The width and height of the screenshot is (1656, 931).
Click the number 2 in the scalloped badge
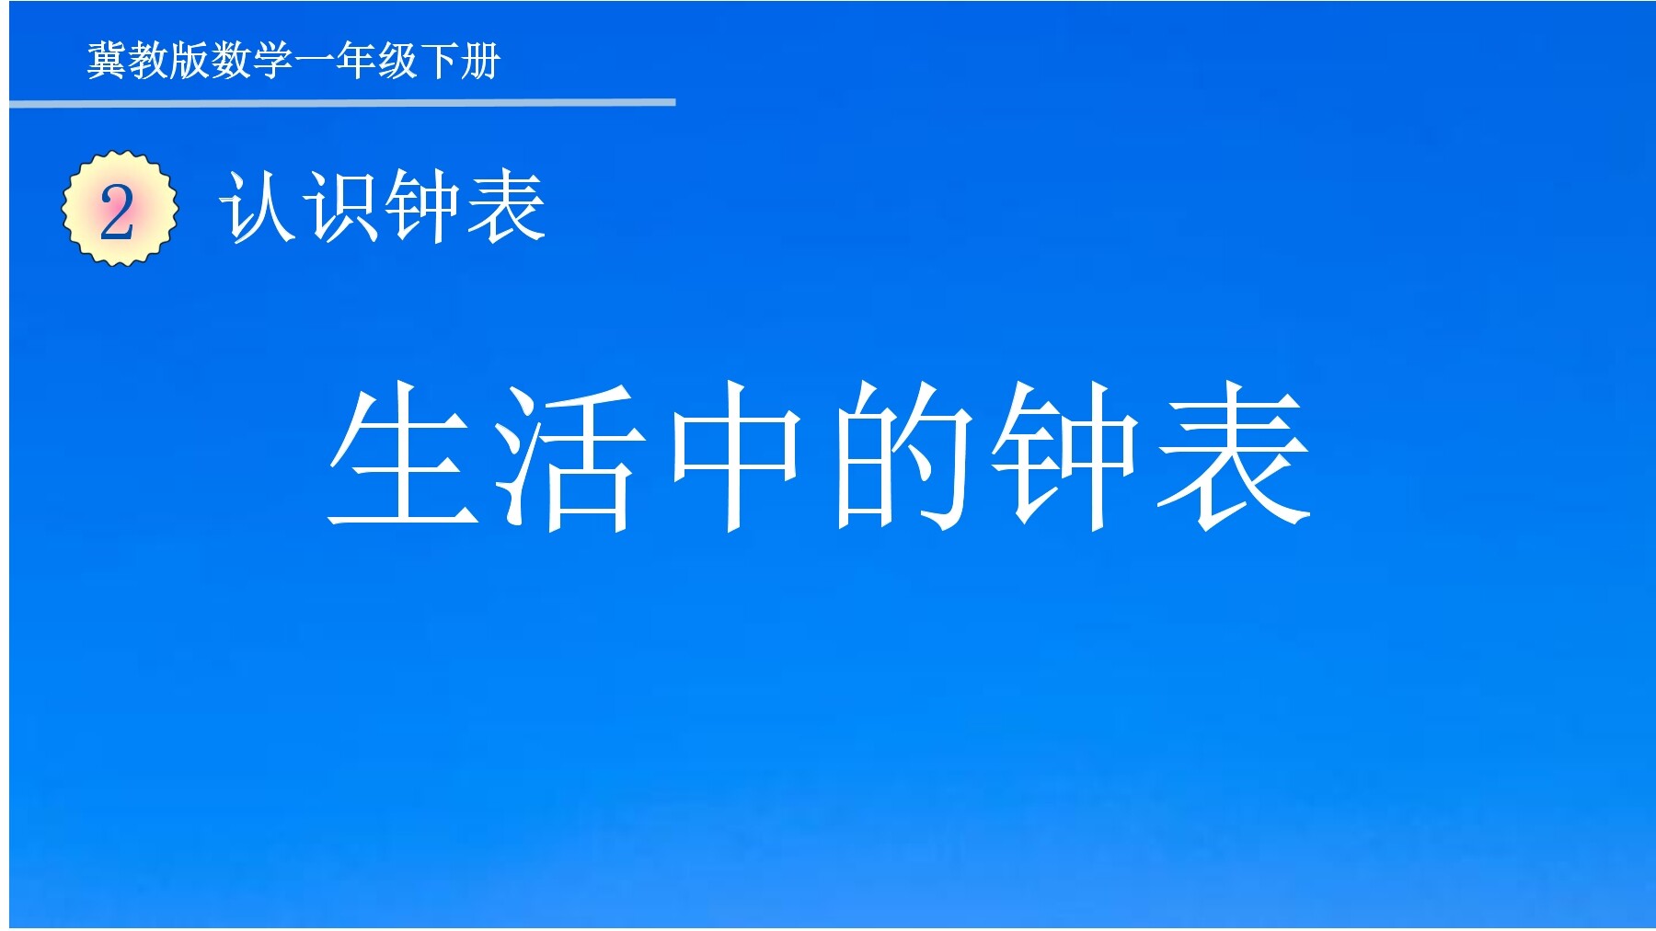coord(118,212)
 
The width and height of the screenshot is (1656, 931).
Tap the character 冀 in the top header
coord(108,62)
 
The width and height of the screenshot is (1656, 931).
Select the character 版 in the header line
coord(190,62)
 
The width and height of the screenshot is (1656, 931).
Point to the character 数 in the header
coord(232,62)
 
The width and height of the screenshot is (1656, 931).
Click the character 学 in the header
coord(273,62)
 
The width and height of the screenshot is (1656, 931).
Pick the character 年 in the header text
coord(356,62)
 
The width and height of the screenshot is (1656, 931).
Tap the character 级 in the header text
coord(397,62)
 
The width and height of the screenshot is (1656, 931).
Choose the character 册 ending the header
coord(480,62)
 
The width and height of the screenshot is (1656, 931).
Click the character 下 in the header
coord(439,62)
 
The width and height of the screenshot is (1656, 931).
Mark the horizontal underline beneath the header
coord(342,103)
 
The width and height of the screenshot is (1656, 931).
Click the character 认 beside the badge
coord(259,208)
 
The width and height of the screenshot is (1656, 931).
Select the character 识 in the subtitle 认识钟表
coord(342,208)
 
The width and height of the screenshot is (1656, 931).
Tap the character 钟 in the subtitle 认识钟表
coord(424,208)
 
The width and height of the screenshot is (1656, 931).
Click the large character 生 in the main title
coord(405,456)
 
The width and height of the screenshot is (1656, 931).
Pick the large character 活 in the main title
coord(569,456)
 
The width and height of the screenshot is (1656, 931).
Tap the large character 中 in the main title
coord(735,456)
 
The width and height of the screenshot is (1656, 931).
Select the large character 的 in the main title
coord(902,456)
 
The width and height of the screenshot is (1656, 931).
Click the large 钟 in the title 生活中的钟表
coord(1065,456)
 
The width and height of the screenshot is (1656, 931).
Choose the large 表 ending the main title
coord(1233,456)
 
